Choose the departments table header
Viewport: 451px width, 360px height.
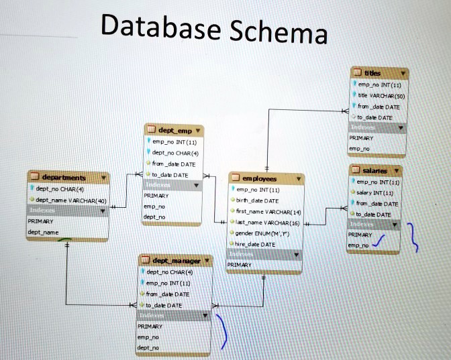[x=66, y=177]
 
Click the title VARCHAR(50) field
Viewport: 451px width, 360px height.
[x=380, y=96]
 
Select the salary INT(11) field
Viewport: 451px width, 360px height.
[x=378, y=193]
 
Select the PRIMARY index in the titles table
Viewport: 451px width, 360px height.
[x=362, y=138]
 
